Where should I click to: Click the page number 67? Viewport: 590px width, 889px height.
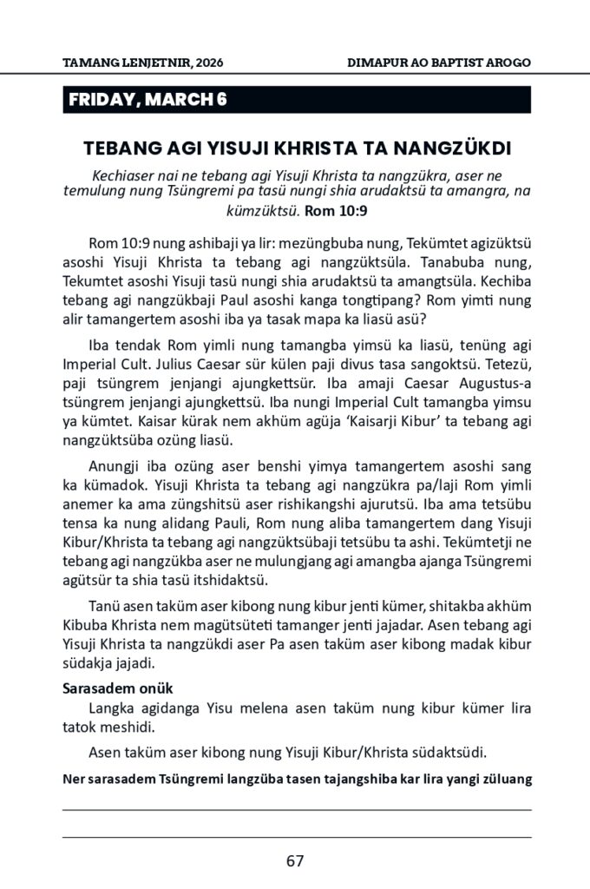coord(294,861)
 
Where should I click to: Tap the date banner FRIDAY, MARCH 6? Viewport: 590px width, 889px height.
coord(147,100)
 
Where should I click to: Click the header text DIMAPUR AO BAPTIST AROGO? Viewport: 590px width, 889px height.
coord(439,63)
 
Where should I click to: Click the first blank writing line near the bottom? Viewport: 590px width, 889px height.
coord(296,808)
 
